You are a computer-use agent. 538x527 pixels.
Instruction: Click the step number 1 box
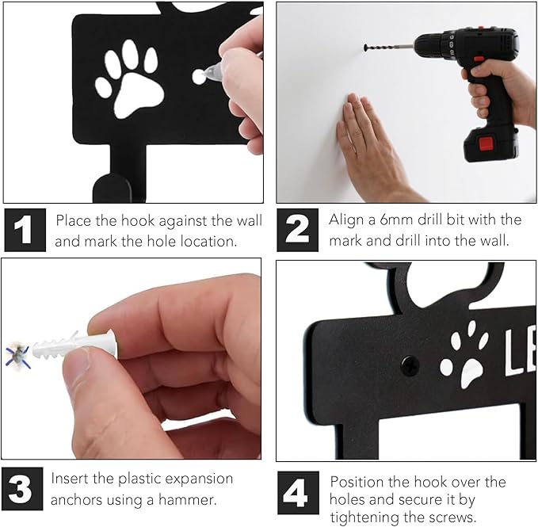[x=25, y=230]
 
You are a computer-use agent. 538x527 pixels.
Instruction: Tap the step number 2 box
[x=297, y=230]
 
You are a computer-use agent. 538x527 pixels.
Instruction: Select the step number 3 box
[x=22, y=489]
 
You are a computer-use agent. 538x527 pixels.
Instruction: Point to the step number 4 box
[x=298, y=492]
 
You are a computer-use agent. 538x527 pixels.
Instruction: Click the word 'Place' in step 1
[x=74, y=220]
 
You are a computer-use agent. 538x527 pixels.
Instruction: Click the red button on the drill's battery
[x=486, y=144]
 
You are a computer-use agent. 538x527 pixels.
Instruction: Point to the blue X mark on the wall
[x=17, y=356]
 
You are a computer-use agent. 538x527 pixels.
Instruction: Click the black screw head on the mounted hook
[x=410, y=365]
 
